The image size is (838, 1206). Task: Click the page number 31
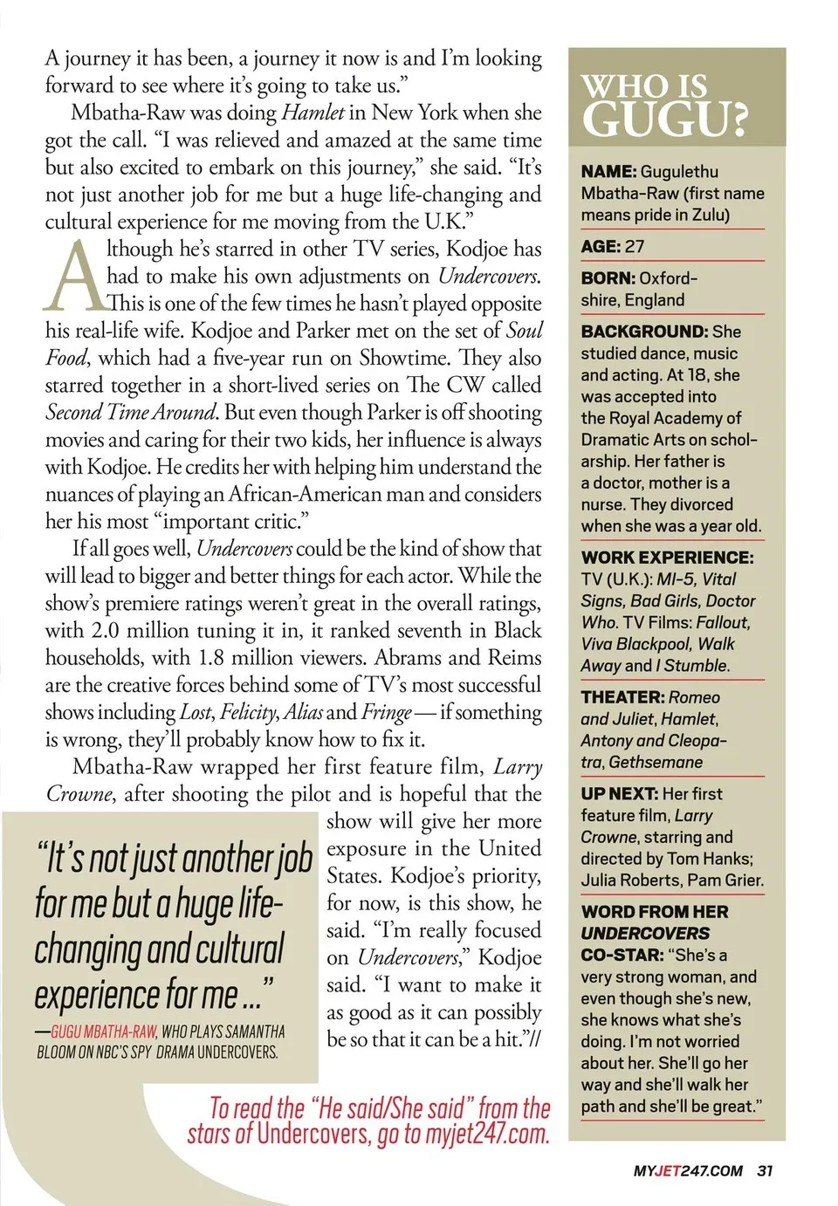point(765,1170)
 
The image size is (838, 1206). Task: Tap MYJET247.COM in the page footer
point(688,1170)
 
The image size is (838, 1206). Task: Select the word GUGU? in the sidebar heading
point(664,119)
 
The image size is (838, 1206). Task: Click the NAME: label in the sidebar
point(608,172)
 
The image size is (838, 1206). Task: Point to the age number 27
point(635,247)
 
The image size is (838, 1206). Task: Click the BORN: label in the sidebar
point(608,278)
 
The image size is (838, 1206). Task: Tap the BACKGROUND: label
point(644,332)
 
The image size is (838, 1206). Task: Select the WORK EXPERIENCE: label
point(667,558)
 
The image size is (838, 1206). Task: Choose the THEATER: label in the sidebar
point(622,697)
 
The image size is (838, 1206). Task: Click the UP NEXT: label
point(619,794)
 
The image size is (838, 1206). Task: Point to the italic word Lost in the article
point(196,712)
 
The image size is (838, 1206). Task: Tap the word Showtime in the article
point(406,358)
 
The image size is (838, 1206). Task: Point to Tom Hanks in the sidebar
point(708,859)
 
